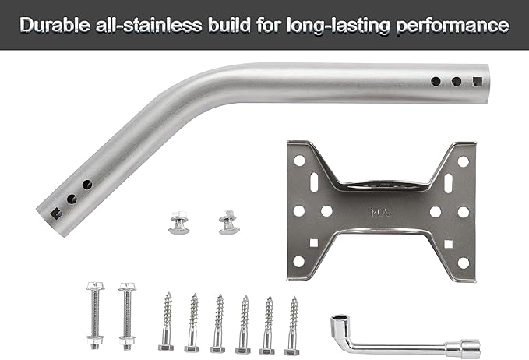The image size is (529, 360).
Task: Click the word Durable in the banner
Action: tap(55, 25)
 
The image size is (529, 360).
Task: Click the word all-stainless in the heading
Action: tap(149, 25)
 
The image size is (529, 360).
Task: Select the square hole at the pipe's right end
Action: tap(478, 81)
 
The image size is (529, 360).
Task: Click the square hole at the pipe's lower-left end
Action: tap(55, 214)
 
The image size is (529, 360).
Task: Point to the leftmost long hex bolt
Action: tap(95, 316)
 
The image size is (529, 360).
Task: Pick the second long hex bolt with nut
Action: tap(127, 316)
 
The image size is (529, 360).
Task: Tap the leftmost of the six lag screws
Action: tap(167, 322)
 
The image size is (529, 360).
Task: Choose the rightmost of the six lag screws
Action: tap(292, 326)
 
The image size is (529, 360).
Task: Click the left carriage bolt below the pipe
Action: tap(179, 222)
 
